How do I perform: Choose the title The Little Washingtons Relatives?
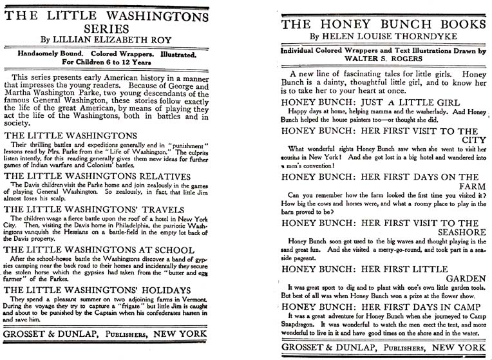coord(97,175)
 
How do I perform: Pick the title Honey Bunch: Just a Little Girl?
coord(370,103)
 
